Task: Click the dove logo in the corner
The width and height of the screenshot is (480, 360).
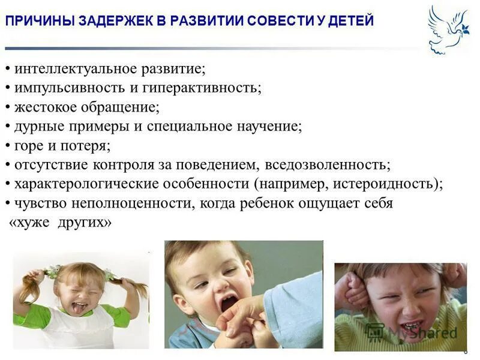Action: point(448,30)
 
